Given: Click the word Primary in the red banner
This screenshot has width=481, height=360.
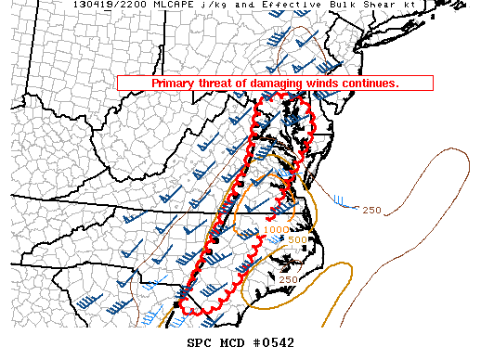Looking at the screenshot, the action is (x=173, y=83).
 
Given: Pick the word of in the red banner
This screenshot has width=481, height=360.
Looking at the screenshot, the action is (x=240, y=83).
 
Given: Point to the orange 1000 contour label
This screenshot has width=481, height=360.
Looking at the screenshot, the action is (x=276, y=229).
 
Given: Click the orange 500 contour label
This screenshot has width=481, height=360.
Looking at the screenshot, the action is (x=297, y=240).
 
